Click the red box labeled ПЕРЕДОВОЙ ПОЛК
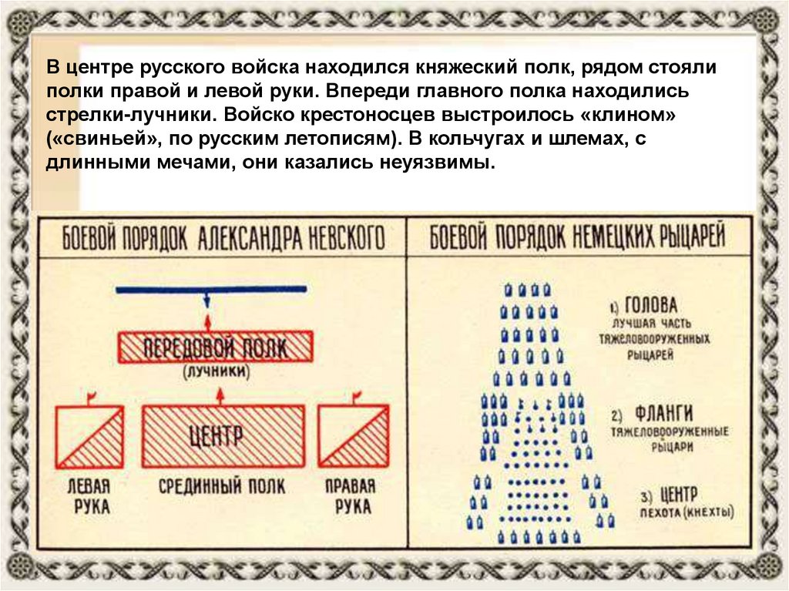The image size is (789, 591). pos(214,347)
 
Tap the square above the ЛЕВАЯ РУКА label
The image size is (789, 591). pos(90,437)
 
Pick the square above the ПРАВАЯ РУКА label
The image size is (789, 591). pos(352,437)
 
